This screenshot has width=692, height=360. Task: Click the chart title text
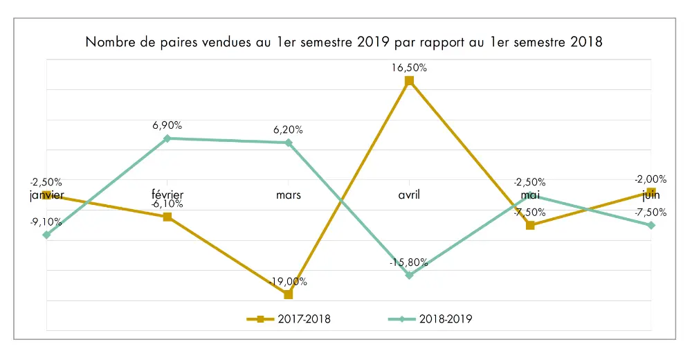pyautogui.click(x=344, y=42)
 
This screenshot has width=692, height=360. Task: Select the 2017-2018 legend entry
pyautogui.click(x=288, y=319)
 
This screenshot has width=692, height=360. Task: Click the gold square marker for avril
pyautogui.click(x=409, y=81)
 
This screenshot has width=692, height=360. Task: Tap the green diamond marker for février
pyautogui.click(x=167, y=138)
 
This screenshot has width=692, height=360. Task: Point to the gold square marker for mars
pyautogui.click(x=289, y=294)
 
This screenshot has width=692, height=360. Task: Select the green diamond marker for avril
pyautogui.click(x=409, y=276)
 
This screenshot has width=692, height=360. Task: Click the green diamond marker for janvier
pyautogui.click(x=46, y=235)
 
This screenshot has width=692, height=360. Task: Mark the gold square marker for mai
pyautogui.click(x=530, y=225)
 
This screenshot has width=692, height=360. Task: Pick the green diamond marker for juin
pyautogui.click(x=650, y=225)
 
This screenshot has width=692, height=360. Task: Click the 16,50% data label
pyautogui.click(x=409, y=68)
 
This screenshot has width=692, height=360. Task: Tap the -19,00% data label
pyautogui.click(x=289, y=281)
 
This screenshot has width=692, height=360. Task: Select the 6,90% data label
pyautogui.click(x=167, y=125)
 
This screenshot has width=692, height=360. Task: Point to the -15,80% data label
pyautogui.click(x=409, y=262)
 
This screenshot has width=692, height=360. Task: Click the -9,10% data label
pyautogui.click(x=46, y=222)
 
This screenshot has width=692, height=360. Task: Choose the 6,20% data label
pyautogui.click(x=289, y=129)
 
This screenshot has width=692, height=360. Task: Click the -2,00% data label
pyautogui.click(x=650, y=178)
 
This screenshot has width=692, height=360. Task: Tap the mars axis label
pyautogui.click(x=289, y=195)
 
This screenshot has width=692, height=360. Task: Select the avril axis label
pyautogui.click(x=409, y=195)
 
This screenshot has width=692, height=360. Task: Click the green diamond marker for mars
pyautogui.click(x=289, y=143)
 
